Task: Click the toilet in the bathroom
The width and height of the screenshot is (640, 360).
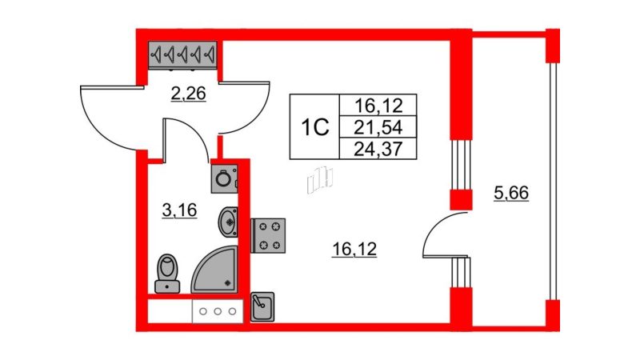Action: [x=167, y=273]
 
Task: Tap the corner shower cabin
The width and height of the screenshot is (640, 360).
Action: [x=215, y=270]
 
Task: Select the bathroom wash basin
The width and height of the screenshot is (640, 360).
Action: [x=228, y=222]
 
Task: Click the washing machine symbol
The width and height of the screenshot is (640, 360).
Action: [x=224, y=178]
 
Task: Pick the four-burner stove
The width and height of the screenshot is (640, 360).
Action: [x=268, y=235]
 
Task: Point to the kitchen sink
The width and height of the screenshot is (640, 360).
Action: [x=262, y=306]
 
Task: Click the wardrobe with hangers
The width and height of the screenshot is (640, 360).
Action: [x=182, y=54]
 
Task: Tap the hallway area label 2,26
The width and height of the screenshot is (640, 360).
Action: [x=188, y=94]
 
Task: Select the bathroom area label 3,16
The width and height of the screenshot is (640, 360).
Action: [x=179, y=210]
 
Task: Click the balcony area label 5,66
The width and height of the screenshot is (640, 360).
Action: [x=511, y=193]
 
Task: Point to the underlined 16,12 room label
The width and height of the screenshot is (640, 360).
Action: [x=354, y=249]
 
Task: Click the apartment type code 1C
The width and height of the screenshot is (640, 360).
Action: [x=314, y=127]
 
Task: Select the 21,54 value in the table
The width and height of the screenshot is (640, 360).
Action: [x=378, y=128]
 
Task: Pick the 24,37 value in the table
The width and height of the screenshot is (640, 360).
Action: [x=378, y=149]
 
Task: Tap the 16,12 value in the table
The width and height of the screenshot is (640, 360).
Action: [x=378, y=106]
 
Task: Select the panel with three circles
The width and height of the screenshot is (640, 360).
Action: [x=218, y=311]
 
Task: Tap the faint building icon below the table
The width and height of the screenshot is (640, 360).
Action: [x=320, y=178]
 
